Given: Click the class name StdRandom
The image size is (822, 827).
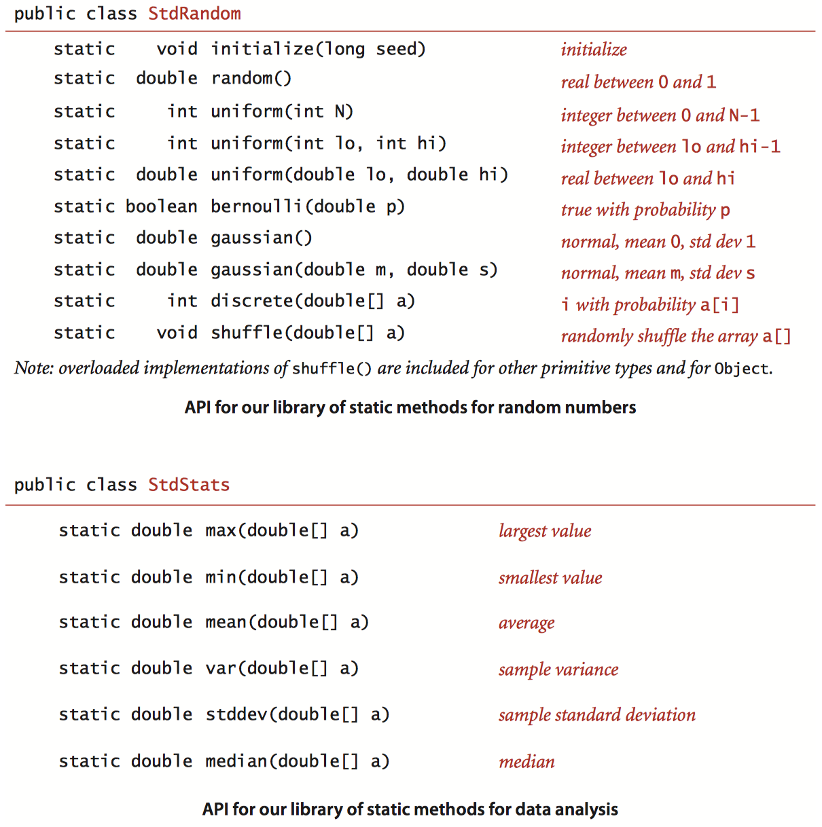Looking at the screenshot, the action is click(194, 14).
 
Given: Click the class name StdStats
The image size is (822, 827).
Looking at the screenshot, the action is click(189, 485).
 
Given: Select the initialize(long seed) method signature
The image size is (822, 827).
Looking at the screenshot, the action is click(318, 49).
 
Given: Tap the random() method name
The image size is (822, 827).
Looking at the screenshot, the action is click(251, 79).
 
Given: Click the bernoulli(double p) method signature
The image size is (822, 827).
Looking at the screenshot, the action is click(307, 206).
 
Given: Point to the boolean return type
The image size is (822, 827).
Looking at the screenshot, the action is click(161, 206).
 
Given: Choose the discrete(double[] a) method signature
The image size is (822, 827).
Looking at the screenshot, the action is click(312, 301).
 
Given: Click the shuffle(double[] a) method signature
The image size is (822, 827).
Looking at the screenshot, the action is click(307, 333).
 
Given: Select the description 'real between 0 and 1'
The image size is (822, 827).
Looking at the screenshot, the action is click(638, 82).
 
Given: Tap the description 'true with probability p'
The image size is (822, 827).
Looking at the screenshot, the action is click(645, 210).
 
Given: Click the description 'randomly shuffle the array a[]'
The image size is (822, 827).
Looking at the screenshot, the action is click(675, 336).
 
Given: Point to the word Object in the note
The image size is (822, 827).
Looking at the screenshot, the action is click(741, 369).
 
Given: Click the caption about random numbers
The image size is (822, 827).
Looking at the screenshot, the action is click(410, 407).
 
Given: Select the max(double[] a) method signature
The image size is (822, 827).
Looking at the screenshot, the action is click(282, 530).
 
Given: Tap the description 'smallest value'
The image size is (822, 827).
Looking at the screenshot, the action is click(550, 578).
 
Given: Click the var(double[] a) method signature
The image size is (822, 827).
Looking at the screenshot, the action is click(282, 668).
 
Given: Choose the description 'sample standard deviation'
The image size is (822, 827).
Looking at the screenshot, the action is click(596, 715).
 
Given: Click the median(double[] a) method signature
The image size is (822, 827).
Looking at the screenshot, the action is click(298, 761).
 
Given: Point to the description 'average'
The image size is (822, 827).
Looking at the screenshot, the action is click(526, 623).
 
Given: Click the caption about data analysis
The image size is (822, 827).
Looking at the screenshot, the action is click(410, 809).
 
